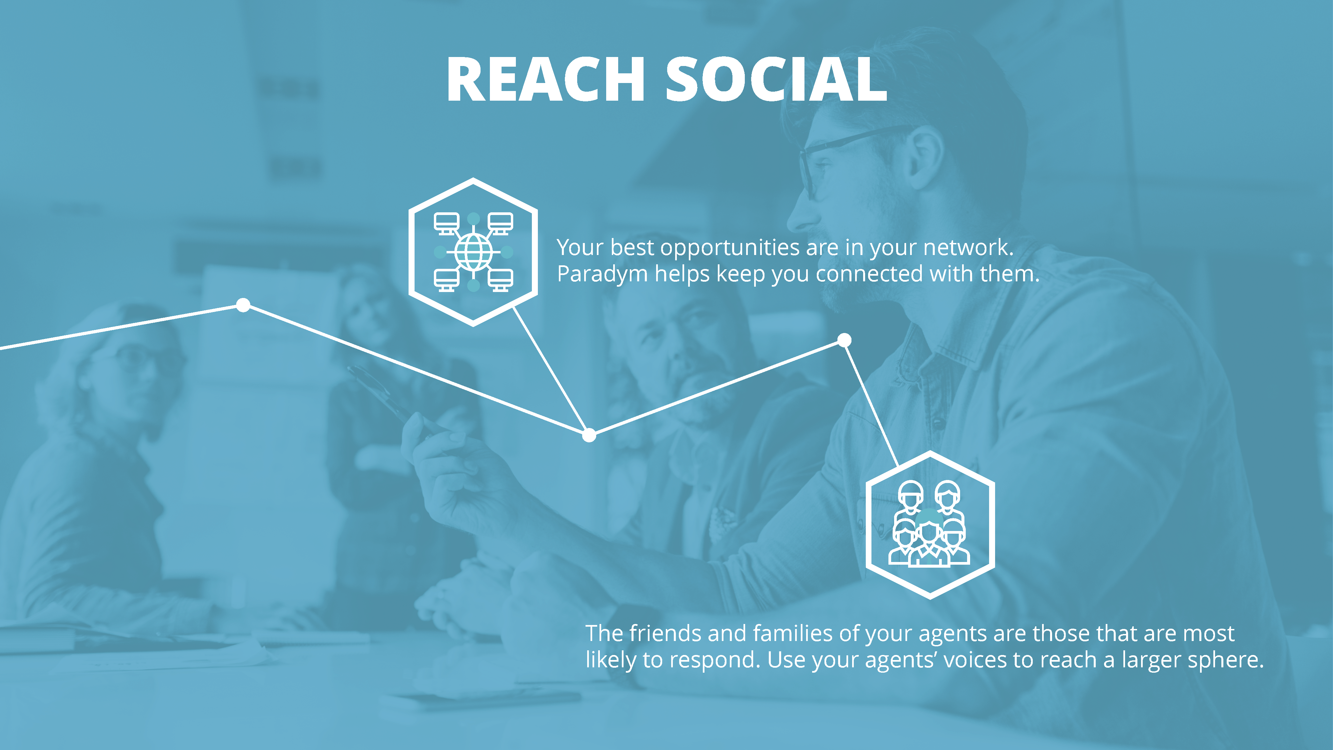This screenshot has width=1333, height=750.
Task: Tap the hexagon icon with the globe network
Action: pyautogui.click(x=473, y=252)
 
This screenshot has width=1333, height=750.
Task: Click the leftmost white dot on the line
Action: pyautogui.click(x=243, y=305)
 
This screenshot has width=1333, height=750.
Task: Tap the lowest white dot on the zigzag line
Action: pyautogui.click(x=589, y=435)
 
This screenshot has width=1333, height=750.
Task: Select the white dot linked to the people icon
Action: pyautogui.click(x=844, y=340)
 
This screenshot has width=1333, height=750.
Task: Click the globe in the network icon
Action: pyautogui.click(x=473, y=252)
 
